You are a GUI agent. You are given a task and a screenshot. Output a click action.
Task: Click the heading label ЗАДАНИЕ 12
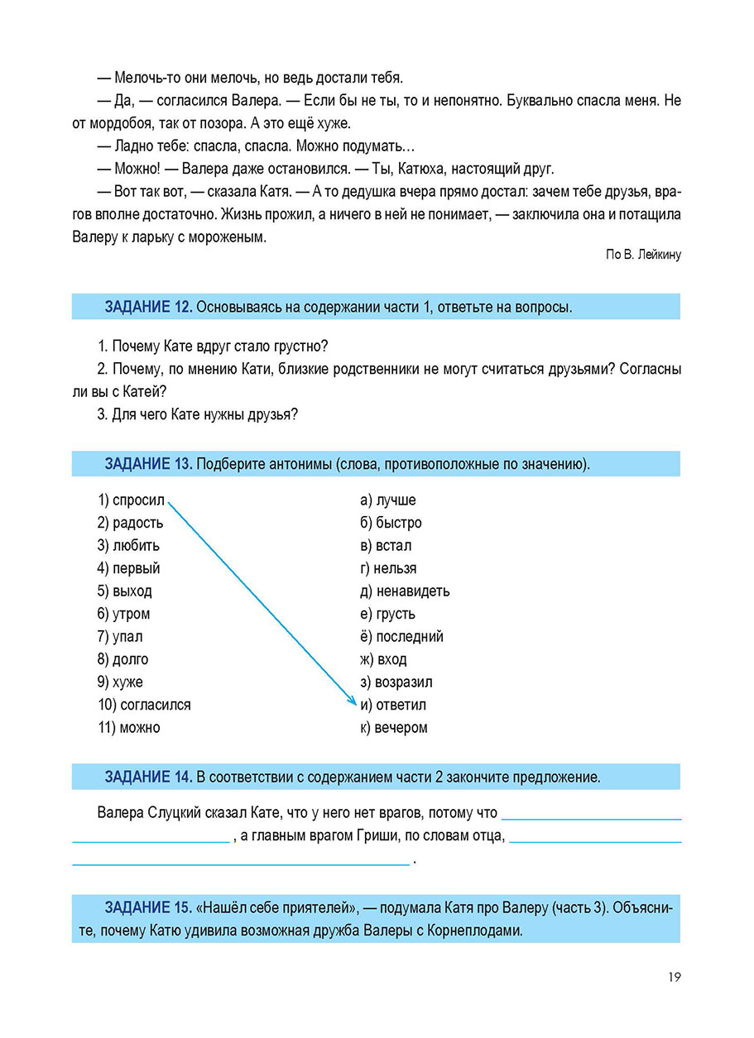pos(148,307)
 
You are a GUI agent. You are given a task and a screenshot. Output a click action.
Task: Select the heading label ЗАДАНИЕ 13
pos(148,464)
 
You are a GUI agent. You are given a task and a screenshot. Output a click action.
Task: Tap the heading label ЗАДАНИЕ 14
pos(148,777)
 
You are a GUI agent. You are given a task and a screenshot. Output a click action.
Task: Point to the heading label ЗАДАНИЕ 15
pos(148,907)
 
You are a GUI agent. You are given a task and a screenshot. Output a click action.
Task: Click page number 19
pos(674,977)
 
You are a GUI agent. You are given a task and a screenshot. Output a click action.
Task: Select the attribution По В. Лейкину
pos(643,255)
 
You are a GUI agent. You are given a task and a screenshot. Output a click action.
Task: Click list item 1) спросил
pos(132,500)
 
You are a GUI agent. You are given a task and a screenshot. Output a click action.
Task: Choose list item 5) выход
pos(125,591)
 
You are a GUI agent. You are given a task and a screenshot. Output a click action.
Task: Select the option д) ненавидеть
pos(406,591)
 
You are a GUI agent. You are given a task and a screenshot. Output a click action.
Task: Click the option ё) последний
pos(402,637)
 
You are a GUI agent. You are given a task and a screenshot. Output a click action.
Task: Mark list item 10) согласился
pos(144,706)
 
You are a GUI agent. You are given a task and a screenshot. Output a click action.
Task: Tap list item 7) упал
pos(120,637)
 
